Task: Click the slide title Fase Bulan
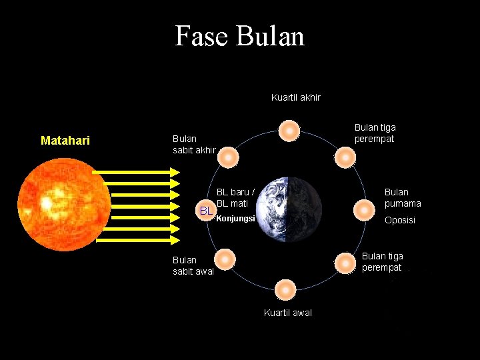(x=239, y=35)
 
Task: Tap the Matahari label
(x=65, y=141)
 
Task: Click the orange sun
(x=65, y=203)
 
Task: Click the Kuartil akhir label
(x=295, y=97)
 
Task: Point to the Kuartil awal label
(x=287, y=313)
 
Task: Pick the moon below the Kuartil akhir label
(x=289, y=131)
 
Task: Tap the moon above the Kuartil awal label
(x=285, y=290)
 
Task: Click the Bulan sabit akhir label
(x=194, y=144)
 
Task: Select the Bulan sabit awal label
(x=193, y=265)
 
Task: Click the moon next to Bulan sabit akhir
(x=228, y=157)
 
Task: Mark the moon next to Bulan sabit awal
(x=225, y=259)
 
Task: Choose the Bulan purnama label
(x=403, y=198)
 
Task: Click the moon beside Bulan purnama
(x=364, y=210)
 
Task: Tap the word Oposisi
(x=399, y=220)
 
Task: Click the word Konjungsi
(x=236, y=218)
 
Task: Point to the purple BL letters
(x=207, y=211)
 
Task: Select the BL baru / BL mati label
(x=235, y=197)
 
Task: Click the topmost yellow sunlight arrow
(x=137, y=172)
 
